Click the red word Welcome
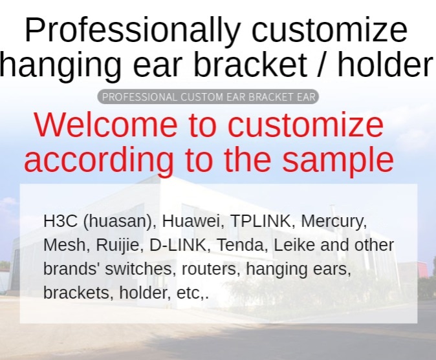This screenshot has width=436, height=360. [x=105, y=125]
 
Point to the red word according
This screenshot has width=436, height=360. [x=99, y=160]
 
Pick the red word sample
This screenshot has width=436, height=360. [x=338, y=161]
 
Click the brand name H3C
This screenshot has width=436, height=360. [x=60, y=221]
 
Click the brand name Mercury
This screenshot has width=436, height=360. [x=334, y=222]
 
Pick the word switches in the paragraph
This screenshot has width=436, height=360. [x=140, y=269]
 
